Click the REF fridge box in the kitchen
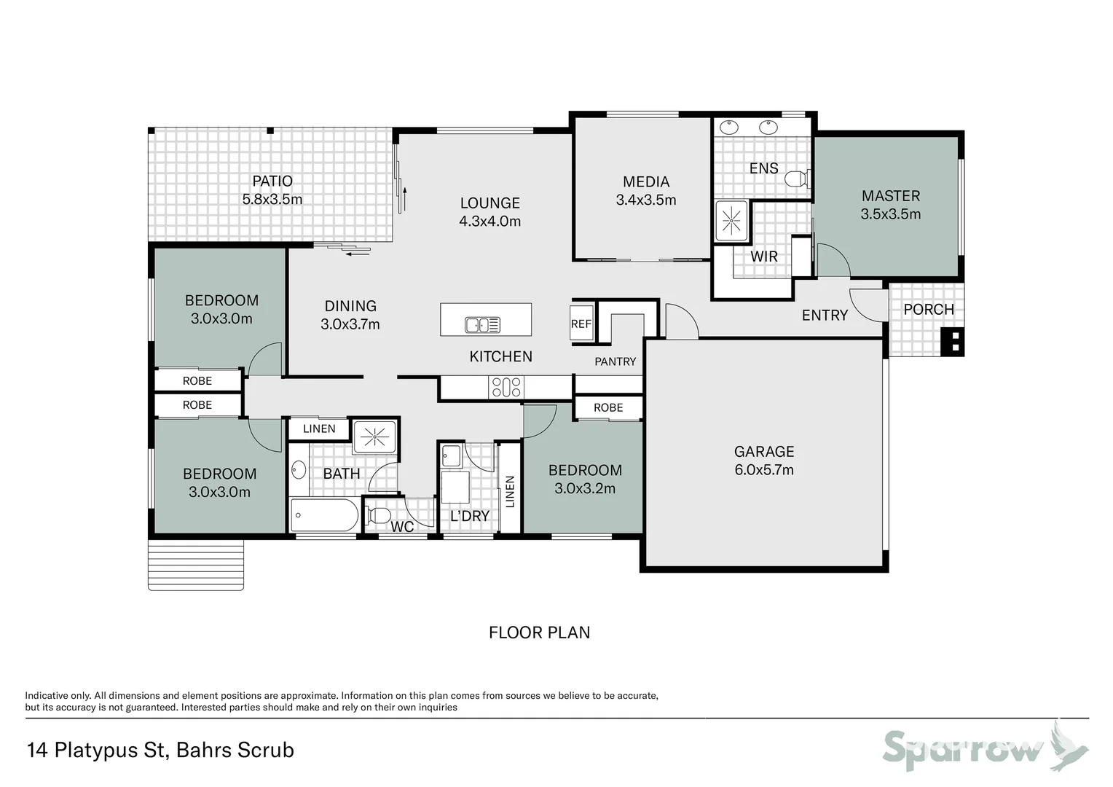(581, 324)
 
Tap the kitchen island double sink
(482, 324)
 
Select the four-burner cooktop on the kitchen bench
(506, 387)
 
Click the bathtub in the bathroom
(324, 516)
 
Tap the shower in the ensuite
(731, 219)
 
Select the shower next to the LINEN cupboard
(374, 436)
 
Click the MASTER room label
(890, 195)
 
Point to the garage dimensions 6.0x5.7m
(763, 470)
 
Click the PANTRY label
(615, 361)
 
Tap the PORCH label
(928, 309)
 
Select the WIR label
(763, 257)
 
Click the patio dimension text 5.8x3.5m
(272, 199)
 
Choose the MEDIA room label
(645, 181)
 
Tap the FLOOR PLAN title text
(539, 633)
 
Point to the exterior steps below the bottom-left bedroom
(195, 565)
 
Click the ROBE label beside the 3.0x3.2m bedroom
(607, 407)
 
